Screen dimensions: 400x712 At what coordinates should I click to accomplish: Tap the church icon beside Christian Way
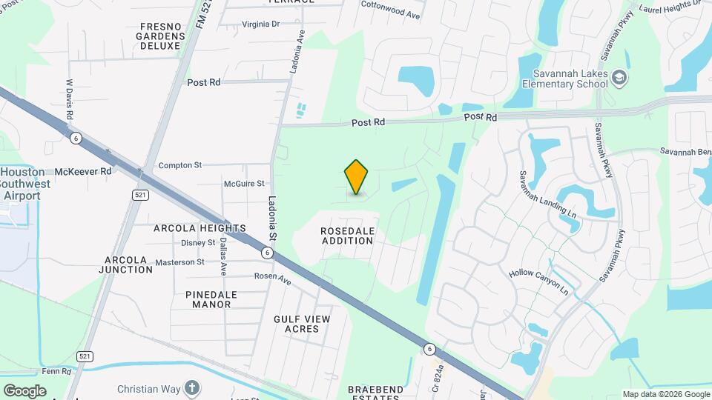tap(192, 387)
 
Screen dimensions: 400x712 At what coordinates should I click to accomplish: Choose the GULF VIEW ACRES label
tap(302, 324)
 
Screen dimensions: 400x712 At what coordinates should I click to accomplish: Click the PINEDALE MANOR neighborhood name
tap(211, 299)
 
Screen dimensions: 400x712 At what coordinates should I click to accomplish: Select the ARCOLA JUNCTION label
tap(128, 264)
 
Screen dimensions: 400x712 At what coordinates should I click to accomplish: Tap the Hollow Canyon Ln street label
tap(538, 282)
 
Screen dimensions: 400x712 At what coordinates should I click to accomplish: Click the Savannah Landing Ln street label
tap(547, 196)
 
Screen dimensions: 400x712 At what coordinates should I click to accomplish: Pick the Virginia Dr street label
tap(260, 24)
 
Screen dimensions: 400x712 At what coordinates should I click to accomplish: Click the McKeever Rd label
tap(82, 171)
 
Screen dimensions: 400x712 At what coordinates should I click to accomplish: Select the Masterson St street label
tap(179, 262)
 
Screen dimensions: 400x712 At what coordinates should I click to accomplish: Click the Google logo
tap(24, 390)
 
